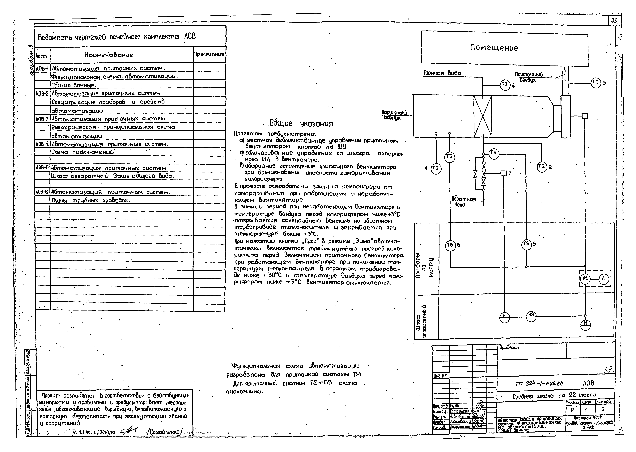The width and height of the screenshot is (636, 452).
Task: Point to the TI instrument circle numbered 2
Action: [542, 167]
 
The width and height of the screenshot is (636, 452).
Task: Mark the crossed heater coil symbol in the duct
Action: [483, 116]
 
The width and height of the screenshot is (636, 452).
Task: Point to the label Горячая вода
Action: [442, 73]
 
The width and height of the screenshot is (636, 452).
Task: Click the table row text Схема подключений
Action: [83, 153]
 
